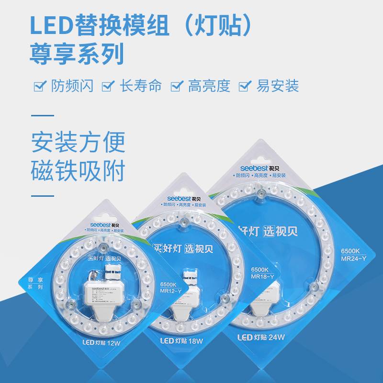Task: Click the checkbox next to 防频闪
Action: (39, 86)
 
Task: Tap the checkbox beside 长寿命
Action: (109, 86)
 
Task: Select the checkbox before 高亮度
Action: (178, 86)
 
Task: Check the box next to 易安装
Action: (245, 86)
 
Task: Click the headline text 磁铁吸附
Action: (78, 170)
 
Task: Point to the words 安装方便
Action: (78, 142)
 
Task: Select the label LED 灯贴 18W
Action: (180, 340)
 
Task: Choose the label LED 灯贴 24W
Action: (261, 337)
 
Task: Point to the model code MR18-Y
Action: (264, 277)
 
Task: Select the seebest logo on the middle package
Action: (180, 197)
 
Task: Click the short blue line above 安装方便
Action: (43, 115)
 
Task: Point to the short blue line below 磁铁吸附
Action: (43, 196)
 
